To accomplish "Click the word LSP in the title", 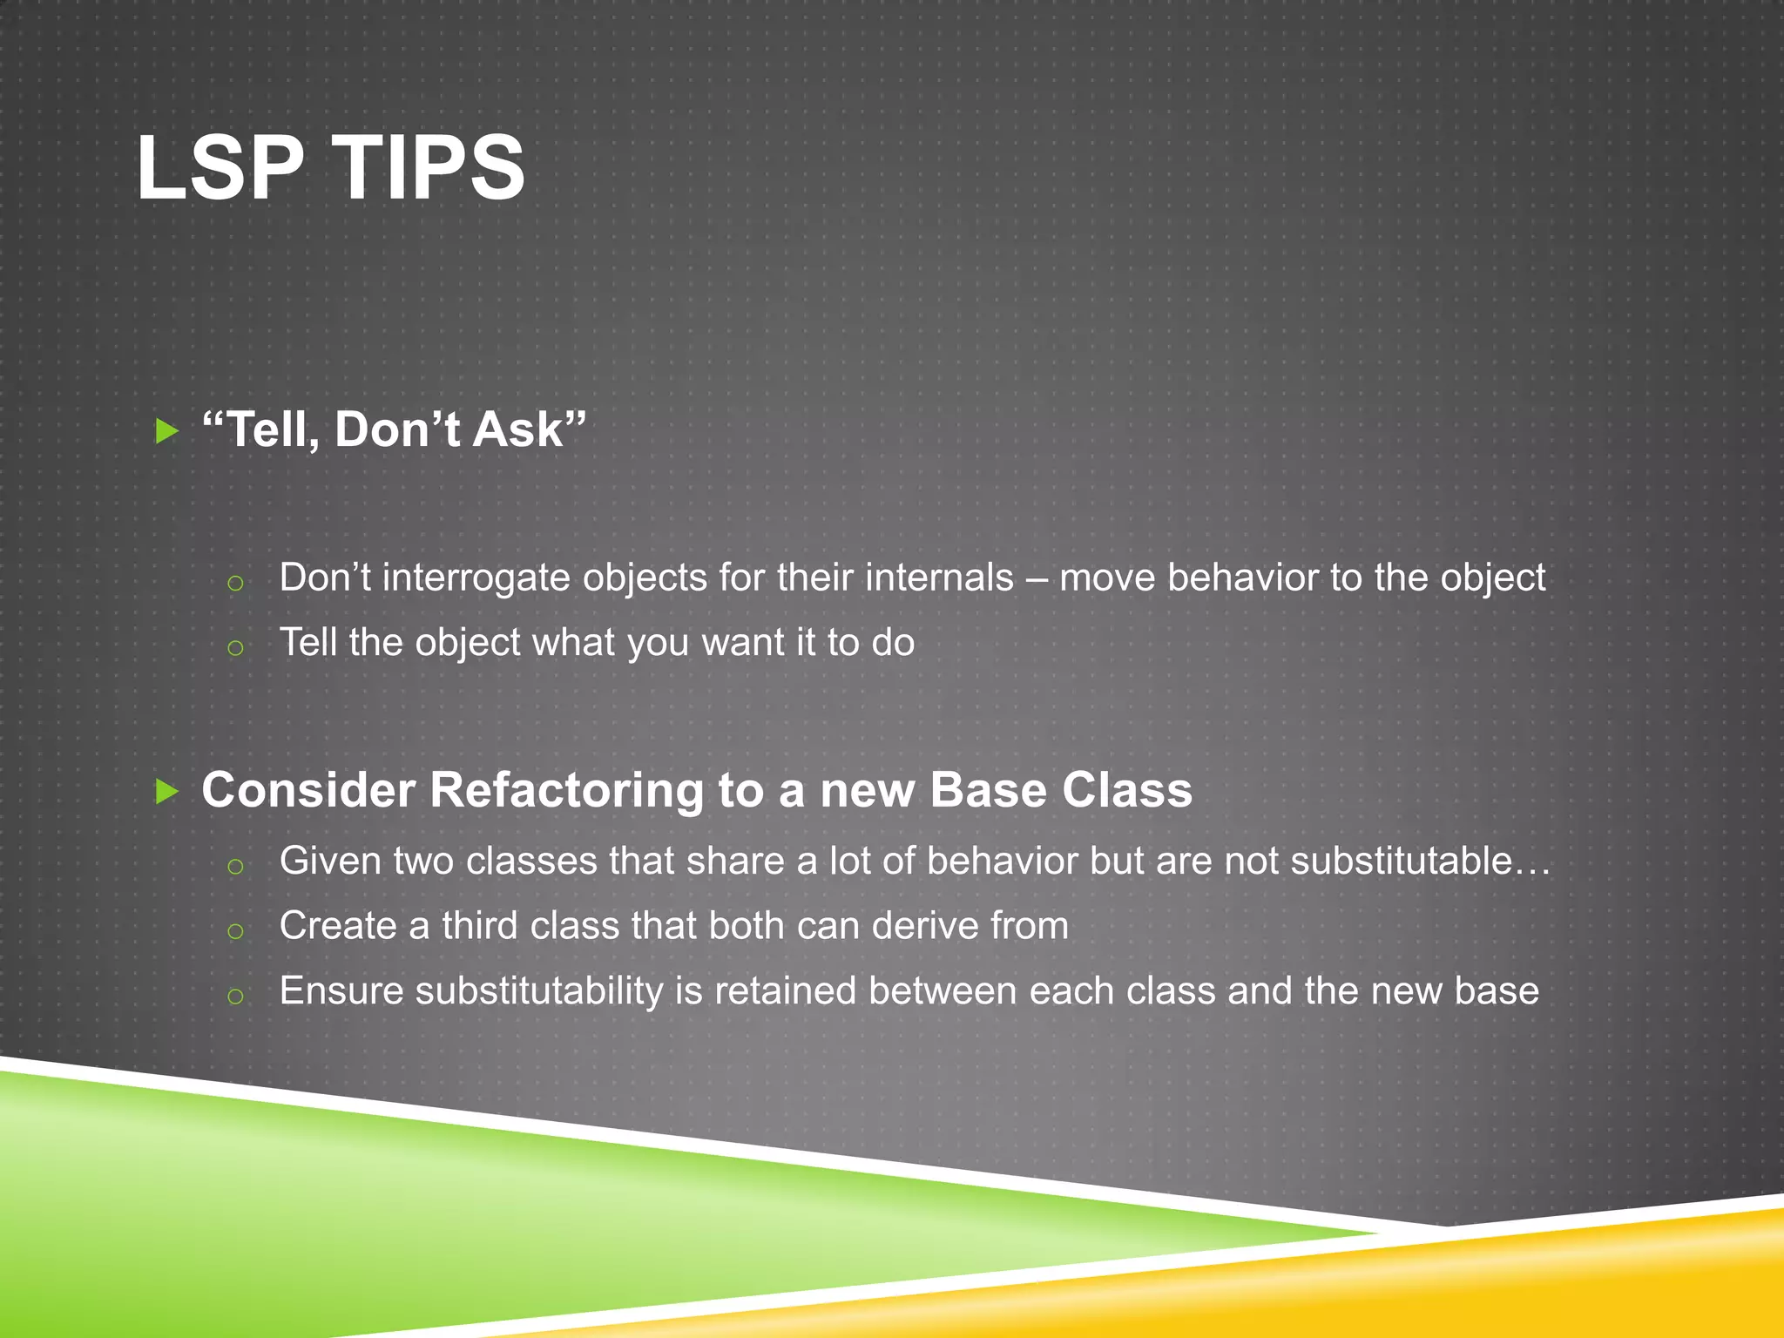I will (x=220, y=167).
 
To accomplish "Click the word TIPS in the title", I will (x=429, y=167).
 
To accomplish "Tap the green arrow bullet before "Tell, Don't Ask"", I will (x=166, y=430).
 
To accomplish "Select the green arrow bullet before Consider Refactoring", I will (x=166, y=791).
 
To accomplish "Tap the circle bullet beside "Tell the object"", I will (x=234, y=647).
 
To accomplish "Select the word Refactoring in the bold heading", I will (x=566, y=791).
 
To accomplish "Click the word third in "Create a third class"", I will (x=480, y=926).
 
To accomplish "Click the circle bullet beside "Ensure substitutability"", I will (x=234, y=996).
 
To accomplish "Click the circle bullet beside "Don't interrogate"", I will (x=234, y=583).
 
